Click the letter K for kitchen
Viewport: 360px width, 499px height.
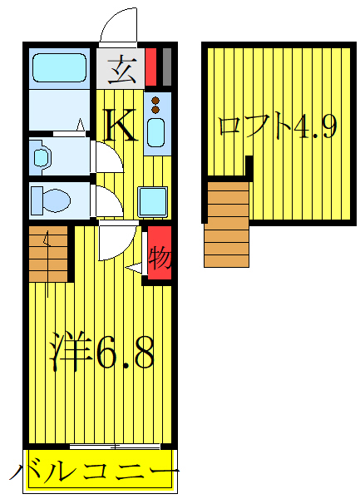(121, 126)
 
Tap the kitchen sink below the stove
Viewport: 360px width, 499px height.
(156, 133)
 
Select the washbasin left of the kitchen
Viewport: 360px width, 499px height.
(42, 156)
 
